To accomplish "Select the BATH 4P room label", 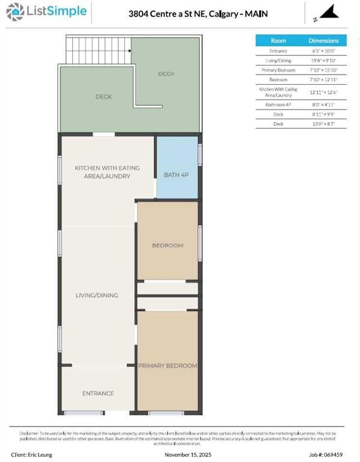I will [x=176, y=175].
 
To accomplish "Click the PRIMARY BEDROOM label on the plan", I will [x=168, y=365].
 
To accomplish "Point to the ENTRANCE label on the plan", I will [x=98, y=393].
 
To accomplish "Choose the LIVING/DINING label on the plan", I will [x=97, y=295].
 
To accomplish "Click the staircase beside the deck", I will [x=99, y=51].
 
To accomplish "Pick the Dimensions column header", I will [x=324, y=41].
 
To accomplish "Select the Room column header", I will [x=278, y=41].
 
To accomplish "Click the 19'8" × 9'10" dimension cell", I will [x=324, y=60].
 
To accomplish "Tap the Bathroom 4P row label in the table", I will [x=278, y=104].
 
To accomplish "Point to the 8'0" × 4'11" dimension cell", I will [x=324, y=104].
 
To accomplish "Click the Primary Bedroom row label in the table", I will [x=278, y=70].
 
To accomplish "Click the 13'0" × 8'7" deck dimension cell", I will [x=324, y=123].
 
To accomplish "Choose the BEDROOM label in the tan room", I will [x=168, y=245].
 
